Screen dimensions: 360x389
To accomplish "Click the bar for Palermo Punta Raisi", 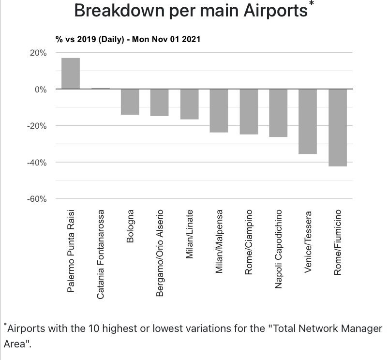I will (71, 74).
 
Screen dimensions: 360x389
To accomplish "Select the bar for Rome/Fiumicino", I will (338, 128).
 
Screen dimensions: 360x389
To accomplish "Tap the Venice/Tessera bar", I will (308, 121).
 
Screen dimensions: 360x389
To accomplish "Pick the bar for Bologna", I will (130, 102).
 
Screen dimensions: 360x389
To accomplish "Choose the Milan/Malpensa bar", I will (219, 110).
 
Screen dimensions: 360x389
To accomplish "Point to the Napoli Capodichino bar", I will (278, 113).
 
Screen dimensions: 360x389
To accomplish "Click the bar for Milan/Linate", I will (189, 104).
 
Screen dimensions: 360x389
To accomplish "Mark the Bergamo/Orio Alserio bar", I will (160, 103).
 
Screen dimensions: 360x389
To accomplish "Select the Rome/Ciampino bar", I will (249, 111).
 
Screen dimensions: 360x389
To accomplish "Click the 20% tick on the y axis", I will (39, 53).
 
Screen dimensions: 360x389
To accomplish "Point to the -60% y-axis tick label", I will (37, 199).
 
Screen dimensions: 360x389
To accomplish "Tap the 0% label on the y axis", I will (41, 90).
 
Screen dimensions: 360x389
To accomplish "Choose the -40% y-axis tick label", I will (37, 163).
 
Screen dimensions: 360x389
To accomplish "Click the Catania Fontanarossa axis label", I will (101, 254).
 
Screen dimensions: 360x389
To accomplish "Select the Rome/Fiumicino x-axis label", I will (338, 242).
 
